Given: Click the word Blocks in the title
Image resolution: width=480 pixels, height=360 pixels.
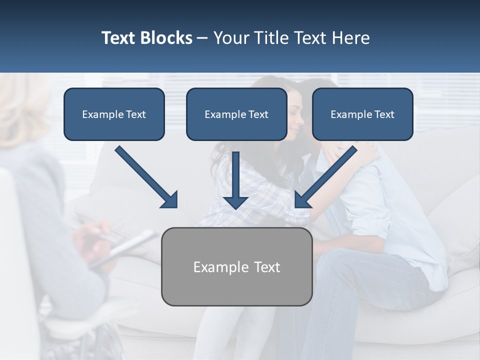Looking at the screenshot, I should (x=167, y=38).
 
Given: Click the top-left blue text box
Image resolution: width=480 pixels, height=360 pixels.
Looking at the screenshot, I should (x=114, y=114).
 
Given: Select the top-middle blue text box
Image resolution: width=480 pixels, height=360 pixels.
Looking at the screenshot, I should (x=236, y=114).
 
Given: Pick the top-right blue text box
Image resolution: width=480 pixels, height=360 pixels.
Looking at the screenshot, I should (x=362, y=114).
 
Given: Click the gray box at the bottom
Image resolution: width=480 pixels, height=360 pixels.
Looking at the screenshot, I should (x=236, y=266).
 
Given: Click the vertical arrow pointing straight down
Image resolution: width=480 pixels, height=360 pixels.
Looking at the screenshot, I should (x=235, y=180).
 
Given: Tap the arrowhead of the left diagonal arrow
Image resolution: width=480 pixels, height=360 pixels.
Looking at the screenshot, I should (x=170, y=200).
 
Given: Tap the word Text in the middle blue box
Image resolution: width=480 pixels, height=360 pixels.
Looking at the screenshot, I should (x=258, y=114).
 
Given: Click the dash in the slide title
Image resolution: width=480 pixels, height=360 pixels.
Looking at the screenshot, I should (x=202, y=38).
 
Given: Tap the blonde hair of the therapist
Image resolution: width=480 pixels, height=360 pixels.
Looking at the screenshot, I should (x=22, y=107).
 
